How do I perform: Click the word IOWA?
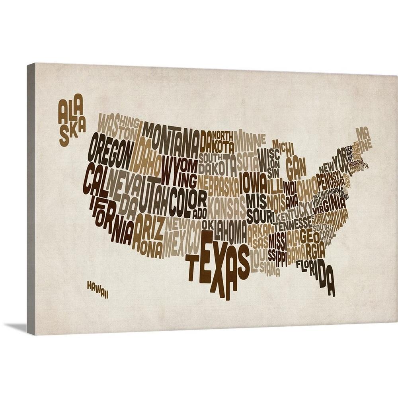click(253, 183)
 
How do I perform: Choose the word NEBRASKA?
click(219, 185)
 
